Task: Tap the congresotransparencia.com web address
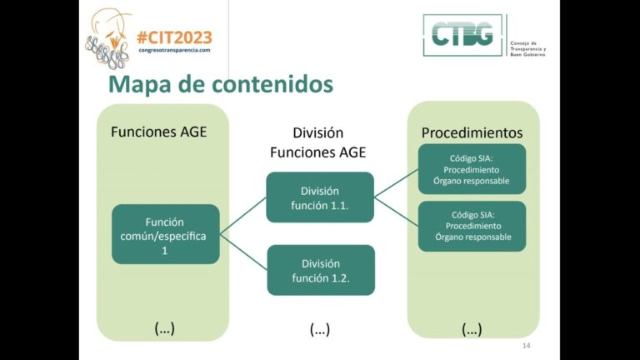point(174,50)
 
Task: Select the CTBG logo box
point(463,35)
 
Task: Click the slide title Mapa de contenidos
point(221,83)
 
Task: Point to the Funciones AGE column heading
point(158,132)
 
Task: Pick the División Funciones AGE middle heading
point(318,142)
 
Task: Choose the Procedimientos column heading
point(472,132)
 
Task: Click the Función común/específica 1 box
point(165,234)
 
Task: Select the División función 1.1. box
point(320,197)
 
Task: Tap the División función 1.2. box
point(320,270)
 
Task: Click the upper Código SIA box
point(472,169)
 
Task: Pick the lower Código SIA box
point(472,226)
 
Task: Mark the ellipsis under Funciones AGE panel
point(164,327)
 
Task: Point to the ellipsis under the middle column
point(319,329)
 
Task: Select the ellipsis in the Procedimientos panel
point(472,328)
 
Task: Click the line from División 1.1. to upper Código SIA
point(396,183)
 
